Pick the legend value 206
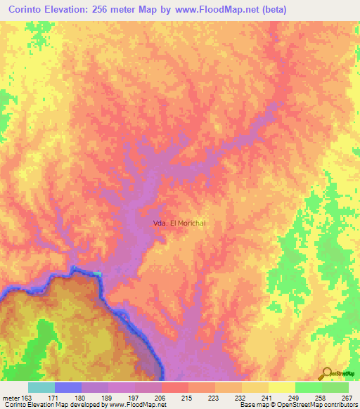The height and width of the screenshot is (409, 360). coord(161,397)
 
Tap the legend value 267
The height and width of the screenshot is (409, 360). coord(346,397)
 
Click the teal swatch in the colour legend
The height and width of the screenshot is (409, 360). coord(41,387)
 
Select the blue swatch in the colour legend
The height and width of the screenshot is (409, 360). coord(68,387)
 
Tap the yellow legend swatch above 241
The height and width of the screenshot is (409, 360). coord(255,387)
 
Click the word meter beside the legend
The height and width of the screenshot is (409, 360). coord(11,397)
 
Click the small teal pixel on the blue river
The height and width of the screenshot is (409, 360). coord(97,273)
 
